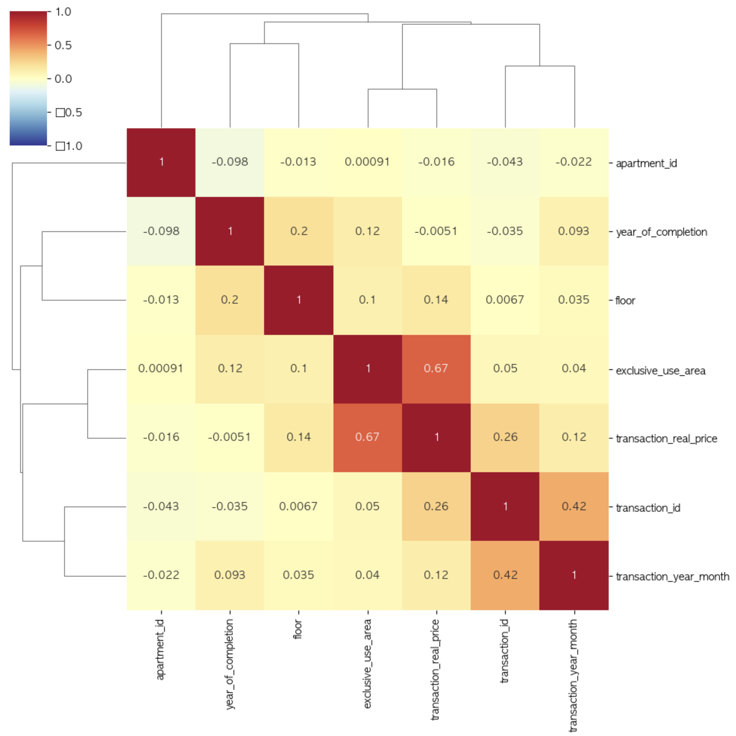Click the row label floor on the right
coord(625,300)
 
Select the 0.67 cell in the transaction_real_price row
coord(368,437)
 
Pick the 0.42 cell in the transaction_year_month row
coord(505,575)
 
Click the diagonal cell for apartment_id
coord(161,162)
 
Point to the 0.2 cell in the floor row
coord(230,300)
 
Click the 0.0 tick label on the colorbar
coord(63,79)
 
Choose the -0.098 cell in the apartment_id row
coord(230,162)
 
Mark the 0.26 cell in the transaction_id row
coord(436,506)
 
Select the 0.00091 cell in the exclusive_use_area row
coord(161,368)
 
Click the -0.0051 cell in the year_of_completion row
coord(436,231)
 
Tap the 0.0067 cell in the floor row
coord(505,300)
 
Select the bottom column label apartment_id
coord(160,649)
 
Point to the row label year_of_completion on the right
coord(661,232)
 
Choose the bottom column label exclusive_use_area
coord(368,663)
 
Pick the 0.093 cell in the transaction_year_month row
coord(230,575)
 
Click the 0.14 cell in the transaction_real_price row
coord(299,437)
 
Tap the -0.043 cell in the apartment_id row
coord(505,162)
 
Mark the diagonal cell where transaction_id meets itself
coord(505,506)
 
